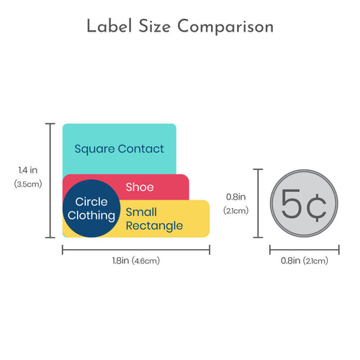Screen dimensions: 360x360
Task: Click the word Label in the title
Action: [109, 26]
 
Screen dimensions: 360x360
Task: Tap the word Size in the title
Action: [155, 26]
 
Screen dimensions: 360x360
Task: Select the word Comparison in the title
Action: [225, 27]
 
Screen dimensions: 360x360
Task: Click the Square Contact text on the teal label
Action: [120, 149]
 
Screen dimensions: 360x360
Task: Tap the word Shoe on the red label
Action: [140, 187]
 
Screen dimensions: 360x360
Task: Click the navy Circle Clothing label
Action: [91, 208]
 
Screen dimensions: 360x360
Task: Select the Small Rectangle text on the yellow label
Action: [154, 219]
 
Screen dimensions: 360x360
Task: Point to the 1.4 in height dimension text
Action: [28, 170]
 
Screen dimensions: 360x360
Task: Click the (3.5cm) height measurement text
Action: [28, 184]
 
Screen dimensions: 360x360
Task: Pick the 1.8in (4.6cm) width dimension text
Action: [136, 261]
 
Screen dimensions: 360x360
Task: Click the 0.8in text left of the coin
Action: [236, 197]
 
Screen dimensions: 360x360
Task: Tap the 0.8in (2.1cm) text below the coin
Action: [305, 261]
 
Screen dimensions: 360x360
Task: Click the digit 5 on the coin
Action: [291, 204]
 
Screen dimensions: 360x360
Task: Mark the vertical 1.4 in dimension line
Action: [50, 181]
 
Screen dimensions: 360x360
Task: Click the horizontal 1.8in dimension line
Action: [136, 250]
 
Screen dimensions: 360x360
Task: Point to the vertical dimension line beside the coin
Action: [258, 203]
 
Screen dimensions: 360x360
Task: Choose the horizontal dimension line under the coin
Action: [305, 250]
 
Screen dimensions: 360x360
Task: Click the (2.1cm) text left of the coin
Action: [236, 211]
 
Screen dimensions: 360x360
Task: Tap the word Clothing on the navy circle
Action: [91, 215]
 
